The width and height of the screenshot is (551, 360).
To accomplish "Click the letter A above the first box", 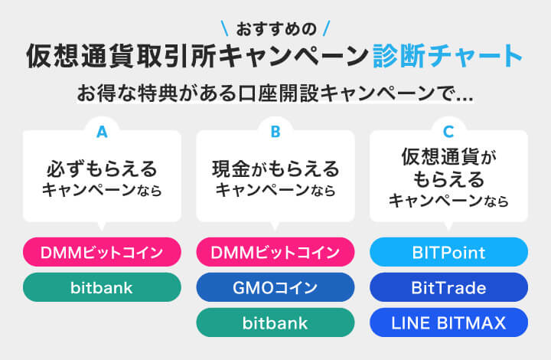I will click(x=102, y=133).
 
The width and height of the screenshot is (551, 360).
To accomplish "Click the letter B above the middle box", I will click(x=275, y=133).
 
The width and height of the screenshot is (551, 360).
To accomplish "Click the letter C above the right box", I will click(x=449, y=133).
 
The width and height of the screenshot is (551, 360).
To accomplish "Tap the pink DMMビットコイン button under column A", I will click(x=102, y=252).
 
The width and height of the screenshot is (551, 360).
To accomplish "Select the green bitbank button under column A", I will click(x=102, y=288).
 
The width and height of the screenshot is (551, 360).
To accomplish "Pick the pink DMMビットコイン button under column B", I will click(x=275, y=252).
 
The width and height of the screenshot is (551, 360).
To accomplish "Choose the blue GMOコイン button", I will click(x=275, y=288).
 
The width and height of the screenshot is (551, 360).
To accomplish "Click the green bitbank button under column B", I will click(x=275, y=323).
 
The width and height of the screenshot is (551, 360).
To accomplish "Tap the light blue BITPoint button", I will click(x=449, y=252).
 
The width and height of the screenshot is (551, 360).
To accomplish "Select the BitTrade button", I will click(x=449, y=288).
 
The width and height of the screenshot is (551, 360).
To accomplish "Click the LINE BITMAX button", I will click(x=449, y=323).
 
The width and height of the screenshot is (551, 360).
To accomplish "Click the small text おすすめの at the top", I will click(x=275, y=30).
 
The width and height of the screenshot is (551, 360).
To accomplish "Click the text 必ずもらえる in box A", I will click(x=102, y=168).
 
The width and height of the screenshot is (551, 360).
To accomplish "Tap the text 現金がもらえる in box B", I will click(x=275, y=168).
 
